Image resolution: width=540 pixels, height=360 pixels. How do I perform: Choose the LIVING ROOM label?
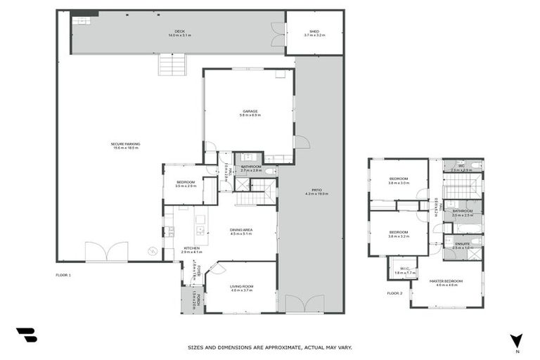coord(241,288)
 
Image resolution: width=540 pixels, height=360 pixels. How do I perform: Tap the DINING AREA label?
coord(241,232)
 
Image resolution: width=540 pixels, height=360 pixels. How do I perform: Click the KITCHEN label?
coord(191,249)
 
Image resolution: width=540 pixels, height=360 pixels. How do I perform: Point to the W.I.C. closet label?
coord(400,269)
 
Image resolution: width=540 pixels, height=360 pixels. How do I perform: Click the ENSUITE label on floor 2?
coord(462,245)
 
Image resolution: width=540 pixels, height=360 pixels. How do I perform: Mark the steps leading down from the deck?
coord(173,65)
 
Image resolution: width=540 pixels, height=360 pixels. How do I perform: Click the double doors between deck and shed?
coord(279,32)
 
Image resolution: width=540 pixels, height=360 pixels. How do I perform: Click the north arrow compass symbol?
coord(517,340)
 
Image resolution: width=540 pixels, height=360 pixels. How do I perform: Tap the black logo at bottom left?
coord(26,335)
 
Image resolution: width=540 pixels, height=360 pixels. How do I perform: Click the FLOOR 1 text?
coord(63,275)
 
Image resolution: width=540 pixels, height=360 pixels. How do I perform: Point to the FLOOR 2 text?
coord(394,292)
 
